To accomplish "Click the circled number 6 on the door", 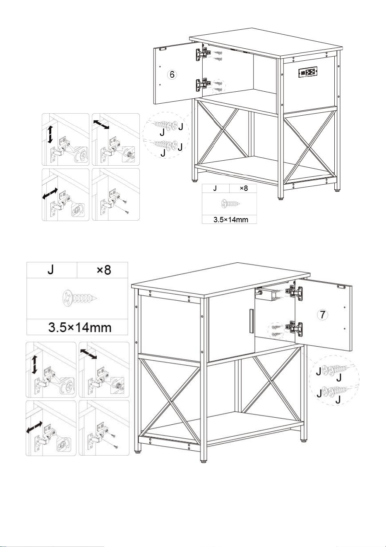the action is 172,74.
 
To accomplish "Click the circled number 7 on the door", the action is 322,314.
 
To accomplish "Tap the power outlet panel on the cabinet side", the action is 308,72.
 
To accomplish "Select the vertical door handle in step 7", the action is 252,321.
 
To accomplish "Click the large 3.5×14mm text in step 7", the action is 80,328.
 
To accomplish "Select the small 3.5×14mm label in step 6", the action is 231,219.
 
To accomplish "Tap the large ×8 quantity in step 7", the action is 104,270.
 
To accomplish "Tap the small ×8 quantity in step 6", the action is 244,188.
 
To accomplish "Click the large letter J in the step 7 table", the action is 50,270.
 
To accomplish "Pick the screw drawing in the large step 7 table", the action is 79,298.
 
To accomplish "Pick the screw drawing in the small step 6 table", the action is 231,203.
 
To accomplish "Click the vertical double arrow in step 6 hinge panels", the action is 50,134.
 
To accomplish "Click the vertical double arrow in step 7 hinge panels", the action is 34,364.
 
